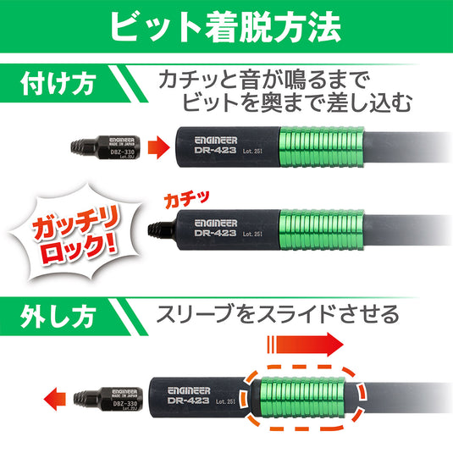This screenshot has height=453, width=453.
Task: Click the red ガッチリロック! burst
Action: pos(75,240)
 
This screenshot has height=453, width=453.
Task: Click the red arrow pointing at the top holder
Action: pos(157,147)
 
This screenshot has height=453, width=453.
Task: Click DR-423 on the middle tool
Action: pos(214,234)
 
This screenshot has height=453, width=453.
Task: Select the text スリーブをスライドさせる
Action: pos(277,315)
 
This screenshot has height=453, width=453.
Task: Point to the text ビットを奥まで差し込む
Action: pos(296,105)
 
